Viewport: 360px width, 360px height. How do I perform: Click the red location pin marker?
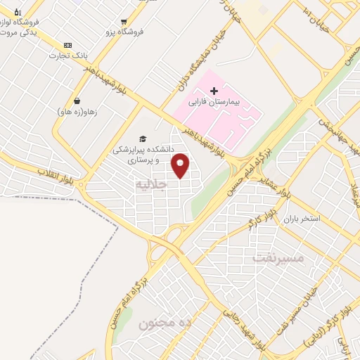(x=181, y=165)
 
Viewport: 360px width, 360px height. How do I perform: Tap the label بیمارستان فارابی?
(x=214, y=102)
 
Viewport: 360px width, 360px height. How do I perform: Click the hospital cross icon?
(x=214, y=90)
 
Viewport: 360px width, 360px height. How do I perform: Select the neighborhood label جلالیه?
(x=152, y=185)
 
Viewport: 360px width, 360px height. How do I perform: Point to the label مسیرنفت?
(x=279, y=258)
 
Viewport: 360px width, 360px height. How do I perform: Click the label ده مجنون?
(x=165, y=323)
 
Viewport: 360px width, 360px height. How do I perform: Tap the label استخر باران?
(x=300, y=219)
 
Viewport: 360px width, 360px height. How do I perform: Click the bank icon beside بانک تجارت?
(x=67, y=44)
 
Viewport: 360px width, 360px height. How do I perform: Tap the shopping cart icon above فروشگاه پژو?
(x=124, y=22)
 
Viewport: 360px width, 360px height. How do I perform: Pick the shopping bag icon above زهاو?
(x=76, y=101)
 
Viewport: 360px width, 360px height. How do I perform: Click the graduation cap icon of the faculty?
(x=142, y=139)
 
